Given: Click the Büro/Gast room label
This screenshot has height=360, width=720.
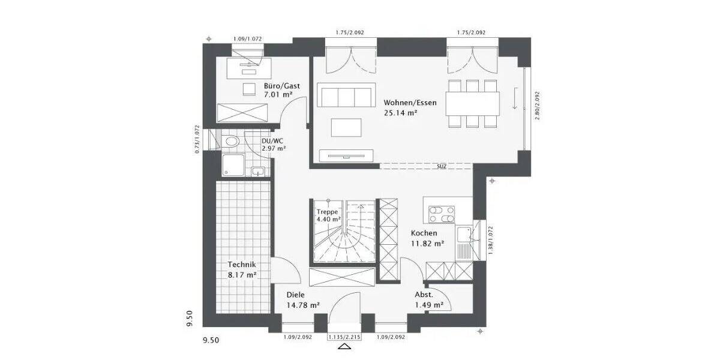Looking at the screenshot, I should click(282, 86).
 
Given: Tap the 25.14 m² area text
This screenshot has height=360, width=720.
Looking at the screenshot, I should click(401, 112).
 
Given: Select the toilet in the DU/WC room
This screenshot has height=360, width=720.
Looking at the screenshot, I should click(231, 142).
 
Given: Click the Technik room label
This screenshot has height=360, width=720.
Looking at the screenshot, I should click(242, 265).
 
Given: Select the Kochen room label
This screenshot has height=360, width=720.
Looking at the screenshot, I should click(424, 233).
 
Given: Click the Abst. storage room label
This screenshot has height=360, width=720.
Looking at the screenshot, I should click(424, 295).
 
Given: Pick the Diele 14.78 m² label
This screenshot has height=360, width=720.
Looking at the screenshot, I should click(296, 295).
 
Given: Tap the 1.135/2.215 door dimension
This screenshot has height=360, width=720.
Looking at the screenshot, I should click(345, 337).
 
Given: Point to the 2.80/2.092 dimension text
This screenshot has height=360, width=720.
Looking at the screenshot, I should click(538, 106).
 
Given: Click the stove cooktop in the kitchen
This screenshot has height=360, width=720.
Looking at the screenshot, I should click(442, 213).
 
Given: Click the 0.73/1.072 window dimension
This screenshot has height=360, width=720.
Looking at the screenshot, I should click(197, 139).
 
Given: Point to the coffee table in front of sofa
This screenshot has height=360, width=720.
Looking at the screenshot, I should click(346, 127).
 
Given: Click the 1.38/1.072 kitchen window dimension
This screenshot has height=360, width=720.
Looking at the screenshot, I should click(491, 241).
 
